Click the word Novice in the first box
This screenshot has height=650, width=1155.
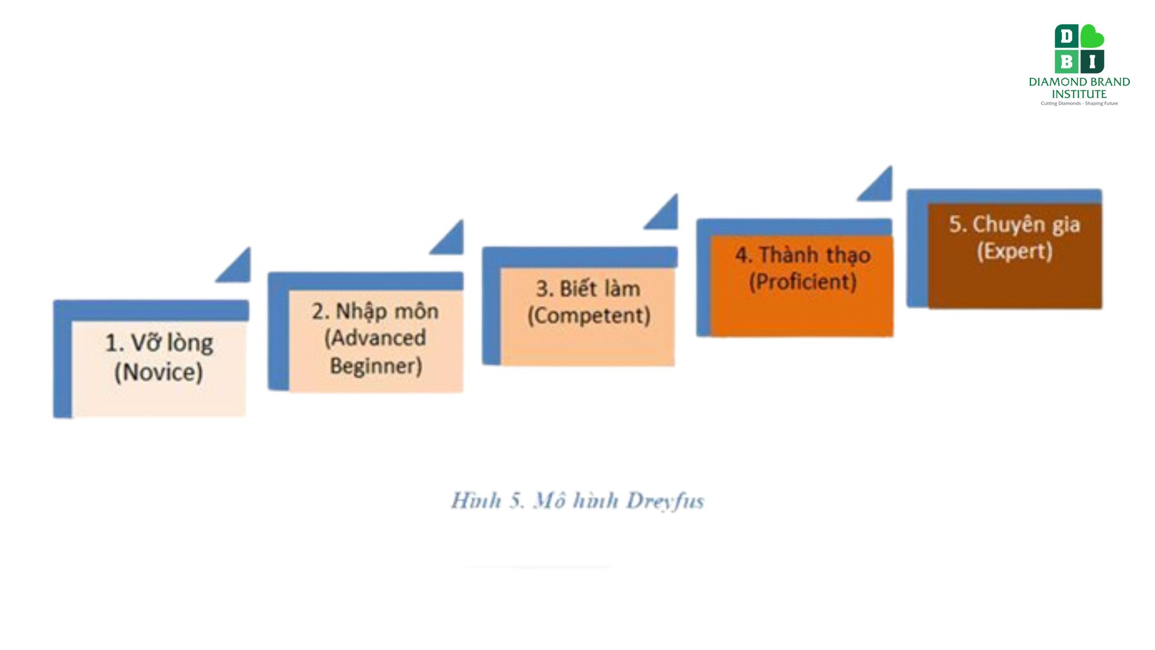pyautogui.click(x=159, y=372)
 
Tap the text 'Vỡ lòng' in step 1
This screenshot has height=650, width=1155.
pyautogui.click(x=172, y=342)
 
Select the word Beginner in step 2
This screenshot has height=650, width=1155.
pyautogui.click(x=376, y=365)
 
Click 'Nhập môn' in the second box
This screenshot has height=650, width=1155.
pyautogui.click(x=387, y=311)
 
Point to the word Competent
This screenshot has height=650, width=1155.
pyautogui.click(x=589, y=315)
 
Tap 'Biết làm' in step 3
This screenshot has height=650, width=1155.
pyautogui.click(x=600, y=288)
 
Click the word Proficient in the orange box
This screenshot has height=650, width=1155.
pyautogui.click(x=802, y=281)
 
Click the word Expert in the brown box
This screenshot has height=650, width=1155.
pyautogui.click(x=1014, y=250)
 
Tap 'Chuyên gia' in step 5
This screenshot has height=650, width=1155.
pyautogui.click(x=1026, y=224)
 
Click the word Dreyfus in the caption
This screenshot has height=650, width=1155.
pyautogui.click(x=665, y=501)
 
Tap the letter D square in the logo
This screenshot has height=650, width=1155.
pyautogui.click(x=1067, y=36)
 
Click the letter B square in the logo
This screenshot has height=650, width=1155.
pyautogui.click(x=1067, y=61)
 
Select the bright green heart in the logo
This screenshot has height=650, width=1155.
pyautogui.click(x=1092, y=36)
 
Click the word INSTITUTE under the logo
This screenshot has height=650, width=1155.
pyautogui.click(x=1079, y=94)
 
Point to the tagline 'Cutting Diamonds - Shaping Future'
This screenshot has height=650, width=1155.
pyautogui.click(x=1079, y=104)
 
